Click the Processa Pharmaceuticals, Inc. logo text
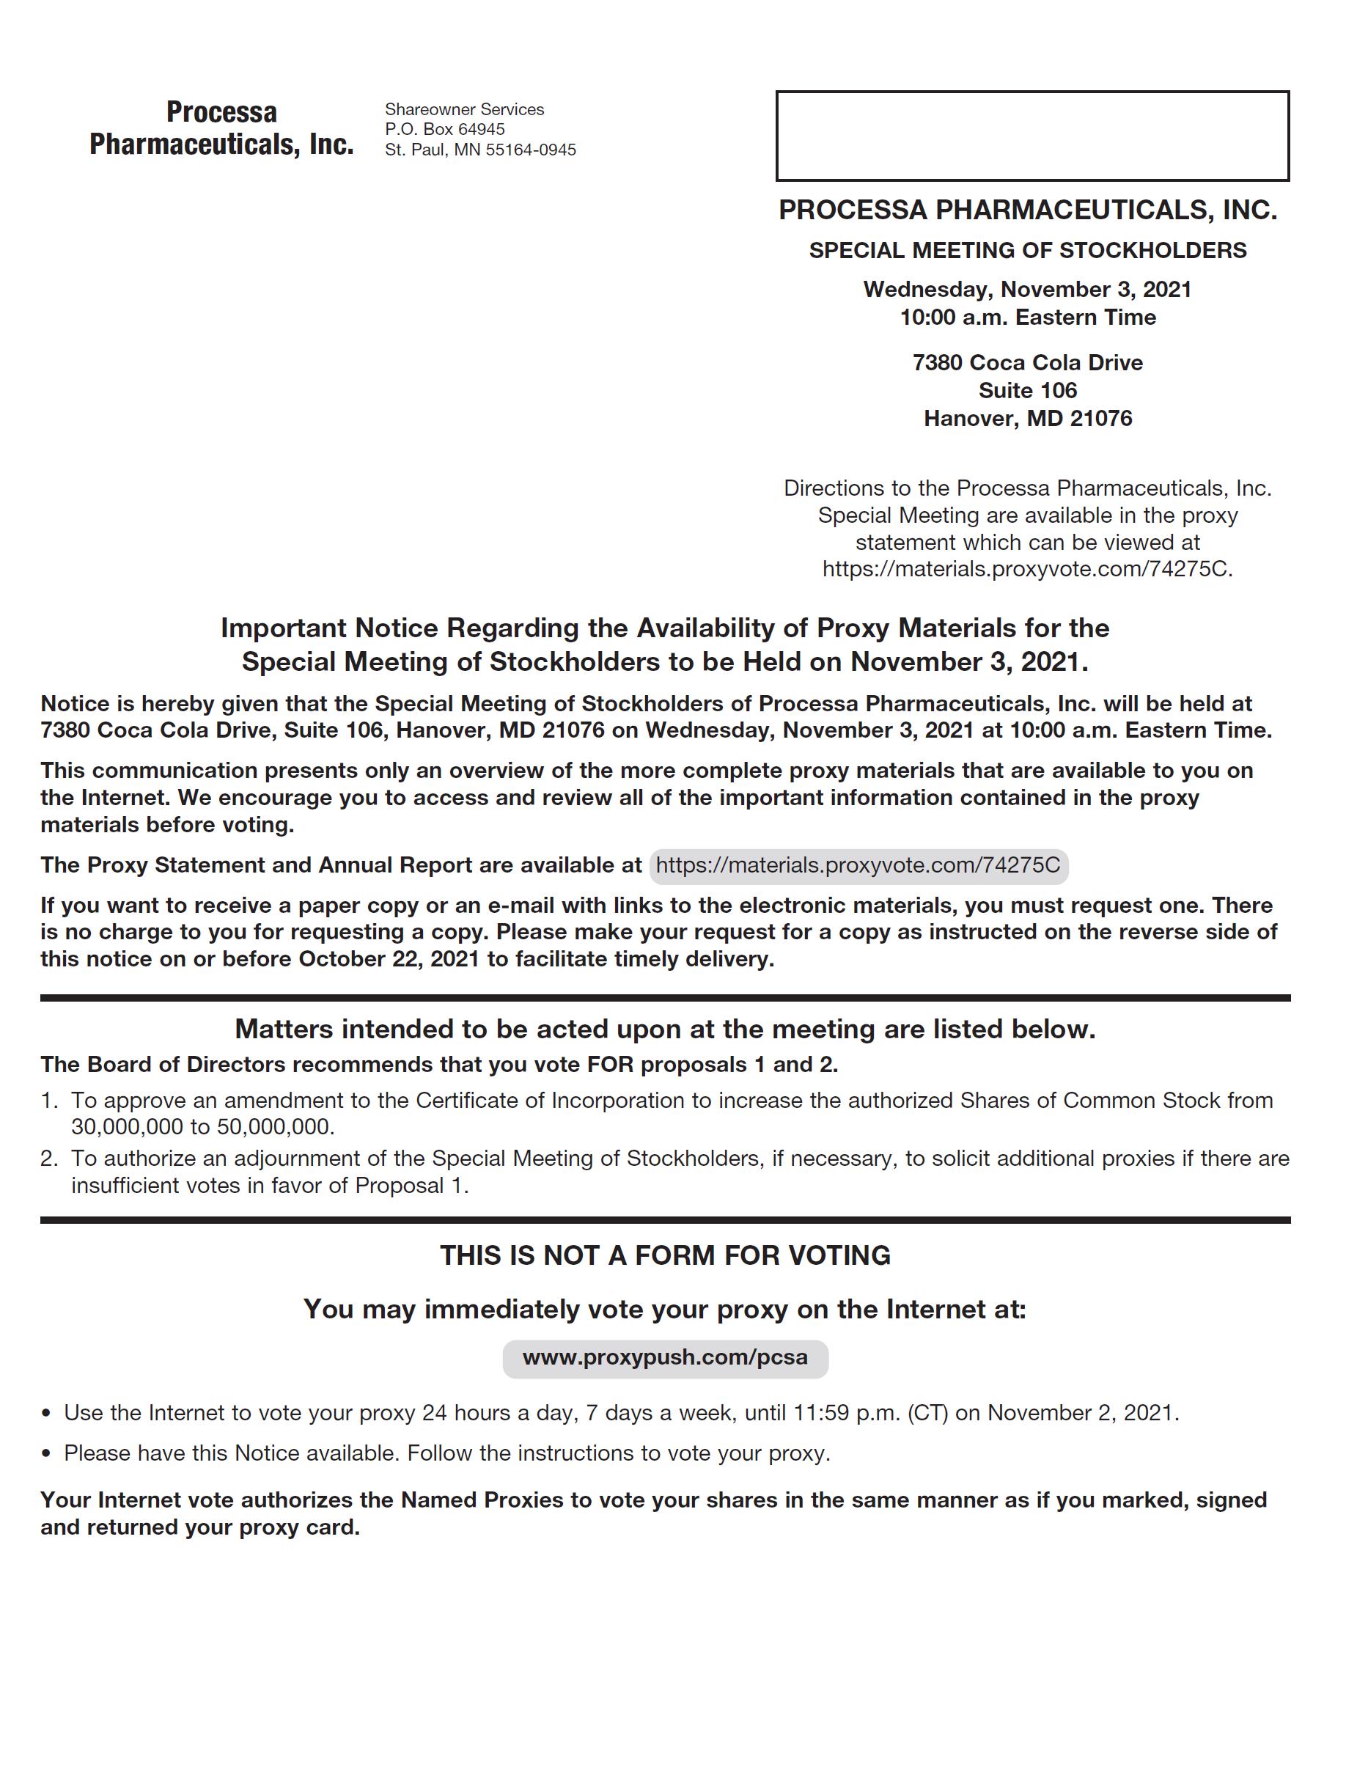[x=221, y=128]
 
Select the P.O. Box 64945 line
[x=444, y=129]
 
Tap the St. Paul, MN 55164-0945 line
[x=479, y=150]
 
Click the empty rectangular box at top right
[x=1032, y=136]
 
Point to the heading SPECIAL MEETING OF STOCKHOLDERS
[x=1027, y=250]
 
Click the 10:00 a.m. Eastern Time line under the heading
[x=1027, y=317]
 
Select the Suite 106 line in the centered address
[x=1027, y=391]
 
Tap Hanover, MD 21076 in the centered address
[x=1027, y=418]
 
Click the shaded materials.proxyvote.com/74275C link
[x=858, y=865]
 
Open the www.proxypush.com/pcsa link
[x=665, y=1357]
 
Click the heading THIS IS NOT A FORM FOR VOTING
[x=665, y=1255]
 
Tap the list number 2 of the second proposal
[x=48, y=1159]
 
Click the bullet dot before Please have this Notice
[x=46, y=1454]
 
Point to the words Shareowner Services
[x=463, y=109]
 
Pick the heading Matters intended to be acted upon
[x=665, y=1029]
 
